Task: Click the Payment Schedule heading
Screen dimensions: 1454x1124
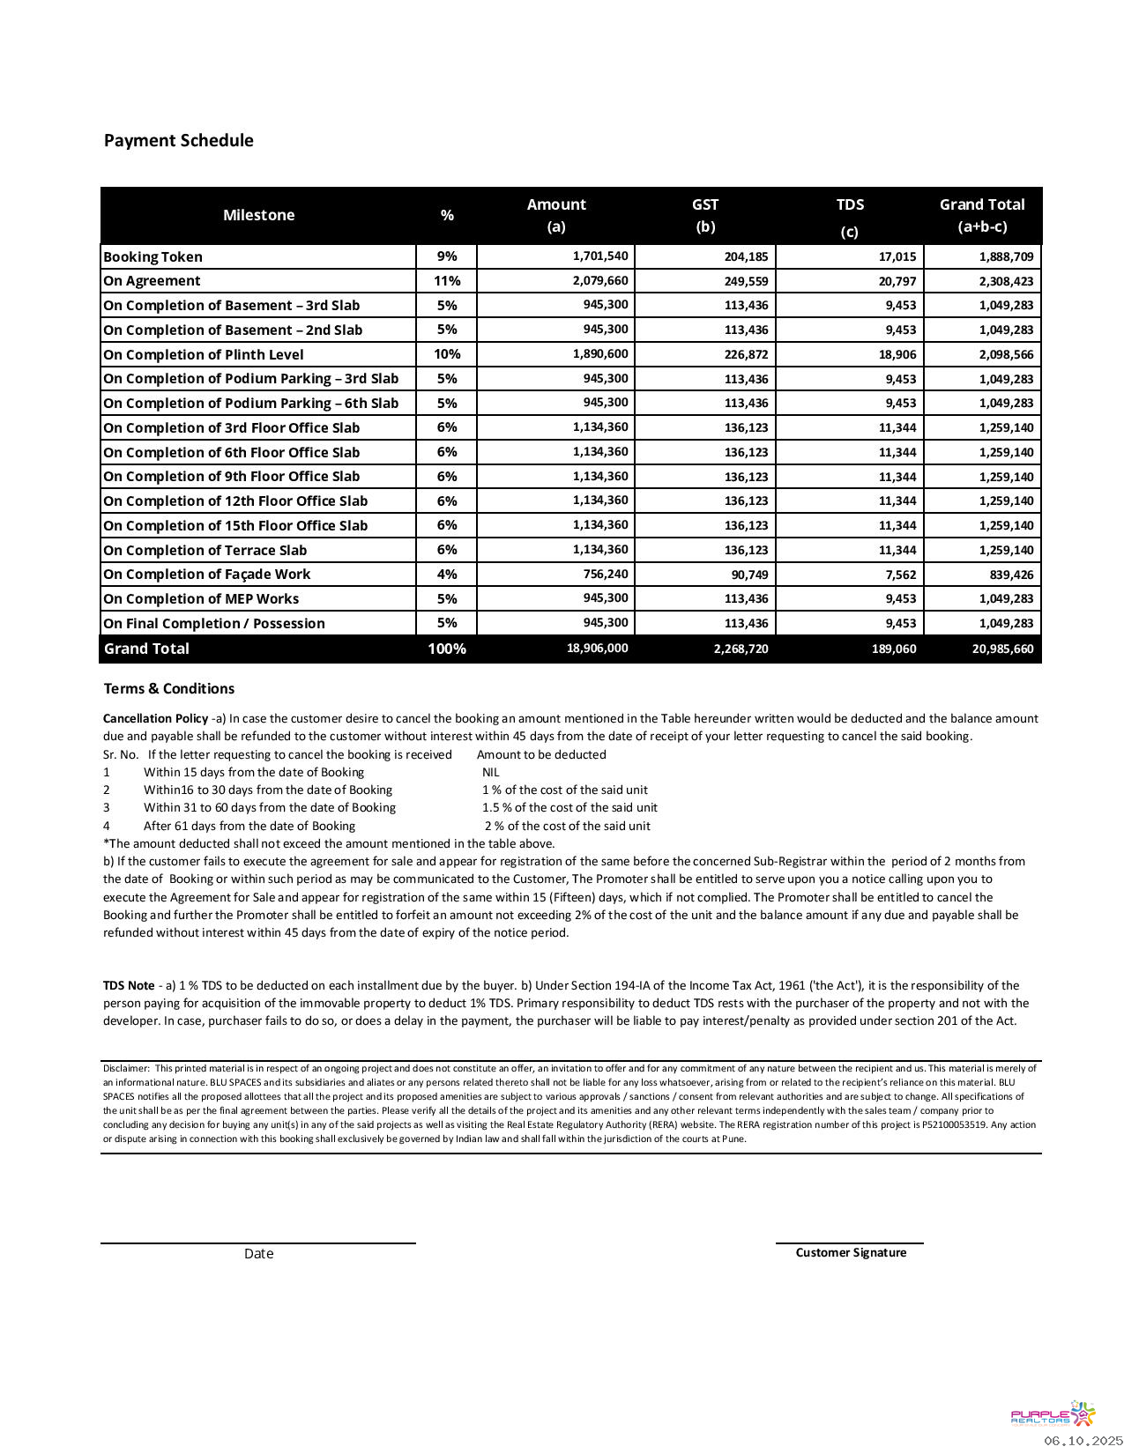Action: pos(178,141)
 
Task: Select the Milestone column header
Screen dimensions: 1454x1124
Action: pos(258,215)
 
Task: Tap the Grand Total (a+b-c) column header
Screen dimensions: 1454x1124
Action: pos(982,215)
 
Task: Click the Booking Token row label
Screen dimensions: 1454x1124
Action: pos(153,257)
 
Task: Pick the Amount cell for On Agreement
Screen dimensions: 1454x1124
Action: pos(600,281)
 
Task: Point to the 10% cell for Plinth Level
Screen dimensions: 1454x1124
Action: pos(447,354)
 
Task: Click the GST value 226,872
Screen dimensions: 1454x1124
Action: pos(746,354)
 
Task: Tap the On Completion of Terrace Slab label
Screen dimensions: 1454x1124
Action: pos(205,551)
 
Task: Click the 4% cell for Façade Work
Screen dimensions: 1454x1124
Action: pos(447,575)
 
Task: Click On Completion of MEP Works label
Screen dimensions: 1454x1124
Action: pos(201,599)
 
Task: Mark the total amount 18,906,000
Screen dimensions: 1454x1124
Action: pos(597,649)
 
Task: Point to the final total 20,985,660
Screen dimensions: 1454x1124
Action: pos(1002,649)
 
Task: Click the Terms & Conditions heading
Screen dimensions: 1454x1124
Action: pos(169,689)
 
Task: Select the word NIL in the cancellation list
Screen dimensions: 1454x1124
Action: pos(490,773)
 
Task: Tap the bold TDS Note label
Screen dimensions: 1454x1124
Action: pos(129,986)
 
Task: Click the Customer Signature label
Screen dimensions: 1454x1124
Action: pos(851,1253)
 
